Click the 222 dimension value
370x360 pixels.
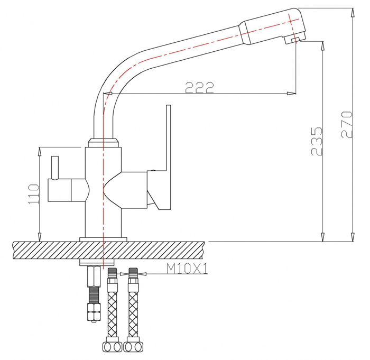[199, 87]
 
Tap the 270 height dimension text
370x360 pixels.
[347, 124]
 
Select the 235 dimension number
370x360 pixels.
[317, 141]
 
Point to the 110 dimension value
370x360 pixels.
[33, 195]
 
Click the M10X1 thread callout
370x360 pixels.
[187, 269]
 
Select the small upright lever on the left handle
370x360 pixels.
[55, 168]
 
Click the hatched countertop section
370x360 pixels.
[108, 250]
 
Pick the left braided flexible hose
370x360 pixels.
[112, 309]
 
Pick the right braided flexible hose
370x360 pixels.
[134, 309]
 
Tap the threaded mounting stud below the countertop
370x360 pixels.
[94, 294]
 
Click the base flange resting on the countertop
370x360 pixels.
[103, 239]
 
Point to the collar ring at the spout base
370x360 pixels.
[103, 143]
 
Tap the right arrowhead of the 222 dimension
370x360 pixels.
[291, 93]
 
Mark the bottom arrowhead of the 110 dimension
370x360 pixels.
[40, 237]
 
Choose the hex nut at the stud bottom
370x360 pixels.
[94, 311]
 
